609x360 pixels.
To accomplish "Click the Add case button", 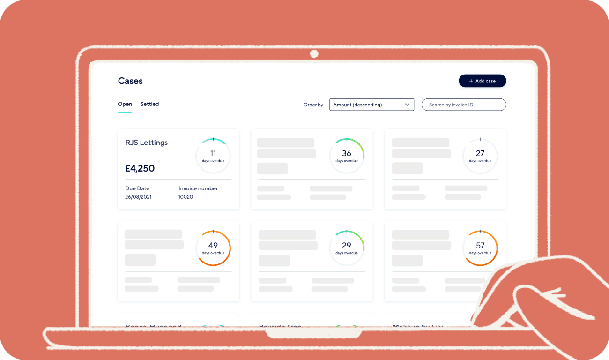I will click(x=483, y=81).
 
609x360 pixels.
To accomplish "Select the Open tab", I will click(x=125, y=104).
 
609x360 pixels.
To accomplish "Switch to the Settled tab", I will click(x=149, y=104).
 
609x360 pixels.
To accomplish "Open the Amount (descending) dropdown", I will click(x=371, y=105).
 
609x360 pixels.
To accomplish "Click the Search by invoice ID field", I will click(x=464, y=105).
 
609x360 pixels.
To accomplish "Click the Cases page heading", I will click(x=130, y=81).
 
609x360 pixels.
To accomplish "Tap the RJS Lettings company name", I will click(x=146, y=142).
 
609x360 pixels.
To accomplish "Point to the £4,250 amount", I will click(x=140, y=168).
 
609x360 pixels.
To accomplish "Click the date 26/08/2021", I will click(x=138, y=197).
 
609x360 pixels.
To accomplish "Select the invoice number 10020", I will click(x=186, y=197).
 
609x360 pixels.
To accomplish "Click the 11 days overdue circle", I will click(x=213, y=156).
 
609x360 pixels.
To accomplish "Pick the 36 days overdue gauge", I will click(x=347, y=156).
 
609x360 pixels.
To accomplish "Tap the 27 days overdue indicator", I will click(x=480, y=156).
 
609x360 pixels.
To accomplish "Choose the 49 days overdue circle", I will click(x=213, y=248).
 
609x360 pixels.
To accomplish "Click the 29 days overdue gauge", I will click(x=347, y=248).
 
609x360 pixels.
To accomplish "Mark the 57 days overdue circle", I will click(x=480, y=248).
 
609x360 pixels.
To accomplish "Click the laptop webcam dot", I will click(x=314, y=54).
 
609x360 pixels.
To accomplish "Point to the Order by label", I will click(x=313, y=105).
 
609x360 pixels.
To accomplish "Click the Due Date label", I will click(x=137, y=188).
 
